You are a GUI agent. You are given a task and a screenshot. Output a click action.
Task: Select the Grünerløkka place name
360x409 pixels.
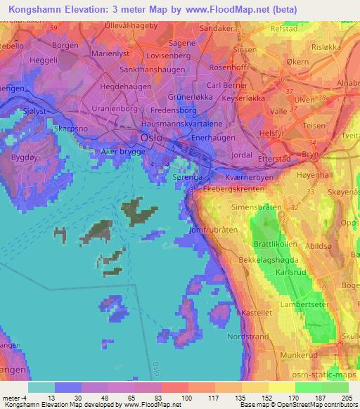pyautogui.click(x=190, y=98)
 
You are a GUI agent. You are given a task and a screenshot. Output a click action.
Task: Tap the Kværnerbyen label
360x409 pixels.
pyautogui.click(x=250, y=178)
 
